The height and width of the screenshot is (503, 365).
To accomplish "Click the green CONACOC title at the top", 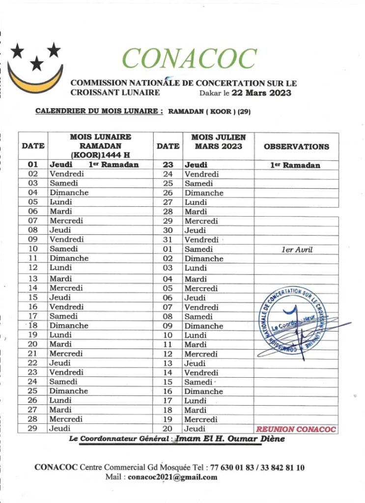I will coord(189,59).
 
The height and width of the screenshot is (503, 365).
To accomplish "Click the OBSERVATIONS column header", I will coord(296,146).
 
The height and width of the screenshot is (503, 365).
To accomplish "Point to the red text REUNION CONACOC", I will coord(296,429).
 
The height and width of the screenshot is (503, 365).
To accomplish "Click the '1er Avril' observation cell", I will coord(296,250).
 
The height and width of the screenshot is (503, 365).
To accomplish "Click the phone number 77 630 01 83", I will coord(234,467).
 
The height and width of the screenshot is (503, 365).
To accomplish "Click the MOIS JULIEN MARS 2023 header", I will coord(218,142).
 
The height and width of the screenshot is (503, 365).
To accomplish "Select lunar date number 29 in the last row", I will coord(33,429).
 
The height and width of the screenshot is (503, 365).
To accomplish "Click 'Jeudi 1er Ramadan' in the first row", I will coord(94,165).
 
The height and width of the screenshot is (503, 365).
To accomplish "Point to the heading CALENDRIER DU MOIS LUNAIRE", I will coord(99,112).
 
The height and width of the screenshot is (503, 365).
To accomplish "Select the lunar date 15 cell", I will coord(33,297).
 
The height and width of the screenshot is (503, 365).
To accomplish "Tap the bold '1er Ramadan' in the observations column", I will coord(295,166).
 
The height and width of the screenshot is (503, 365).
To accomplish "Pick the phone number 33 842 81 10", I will coord(283,467).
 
